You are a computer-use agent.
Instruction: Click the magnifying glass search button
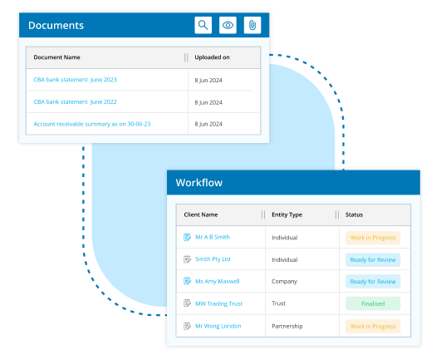[203, 25]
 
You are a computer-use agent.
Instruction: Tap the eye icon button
[228, 25]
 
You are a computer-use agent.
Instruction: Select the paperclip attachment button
[252, 25]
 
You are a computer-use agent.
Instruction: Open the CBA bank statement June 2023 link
[75, 80]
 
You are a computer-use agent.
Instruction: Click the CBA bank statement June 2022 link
[75, 102]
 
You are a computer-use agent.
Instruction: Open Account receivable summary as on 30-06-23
[92, 124]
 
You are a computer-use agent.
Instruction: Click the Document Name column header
[56, 57]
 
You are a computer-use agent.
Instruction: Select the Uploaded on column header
[212, 57]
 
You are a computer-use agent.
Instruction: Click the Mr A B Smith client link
[213, 237]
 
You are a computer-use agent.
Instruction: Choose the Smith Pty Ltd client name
[213, 259]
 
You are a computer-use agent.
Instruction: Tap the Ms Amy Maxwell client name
[217, 282]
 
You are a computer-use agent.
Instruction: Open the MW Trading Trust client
[219, 303]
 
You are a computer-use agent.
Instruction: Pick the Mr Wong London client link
[218, 326]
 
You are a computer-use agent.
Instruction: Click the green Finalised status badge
[373, 303]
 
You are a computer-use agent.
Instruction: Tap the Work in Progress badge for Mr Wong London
[373, 326]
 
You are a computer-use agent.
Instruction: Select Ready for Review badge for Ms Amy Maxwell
[373, 282]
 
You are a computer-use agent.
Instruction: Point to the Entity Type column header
[287, 215]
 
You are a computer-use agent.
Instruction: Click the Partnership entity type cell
[287, 326]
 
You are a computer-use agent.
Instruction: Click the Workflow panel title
[199, 183]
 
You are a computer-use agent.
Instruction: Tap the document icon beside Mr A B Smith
[187, 237]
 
